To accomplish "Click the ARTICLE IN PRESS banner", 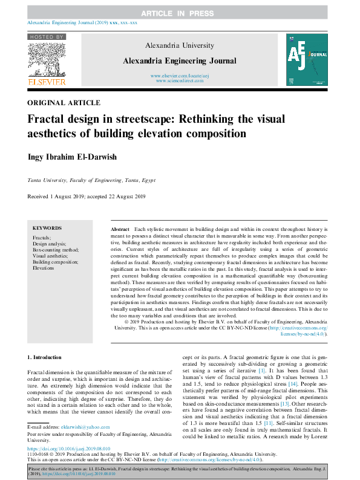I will [x=180, y=13].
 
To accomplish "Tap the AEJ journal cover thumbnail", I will [x=306, y=59].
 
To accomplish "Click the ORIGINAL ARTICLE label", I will [x=64, y=103].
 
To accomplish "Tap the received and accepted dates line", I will [x=87, y=197].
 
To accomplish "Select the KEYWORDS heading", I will [x=47, y=228].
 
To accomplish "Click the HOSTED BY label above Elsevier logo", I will [x=46, y=37].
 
